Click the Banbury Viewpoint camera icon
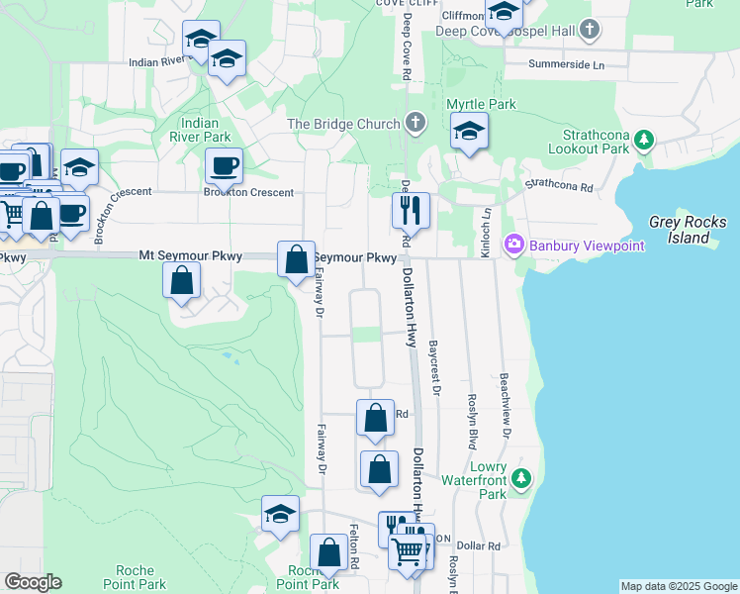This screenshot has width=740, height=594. (x=513, y=245)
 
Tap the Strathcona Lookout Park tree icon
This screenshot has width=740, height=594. (x=645, y=140)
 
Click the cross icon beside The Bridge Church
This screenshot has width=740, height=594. (x=416, y=124)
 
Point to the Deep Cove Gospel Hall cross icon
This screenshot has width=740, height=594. (x=591, y=31)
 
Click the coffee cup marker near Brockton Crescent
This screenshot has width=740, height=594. (x=224, y=165)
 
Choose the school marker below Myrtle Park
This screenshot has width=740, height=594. (x=468, y=131)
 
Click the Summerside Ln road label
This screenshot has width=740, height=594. (x=567, y=65)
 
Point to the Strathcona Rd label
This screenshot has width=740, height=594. (x=558, y=185)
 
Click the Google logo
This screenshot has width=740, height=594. (x=33, y=582)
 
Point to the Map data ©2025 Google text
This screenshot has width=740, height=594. (x=679, y=587)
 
